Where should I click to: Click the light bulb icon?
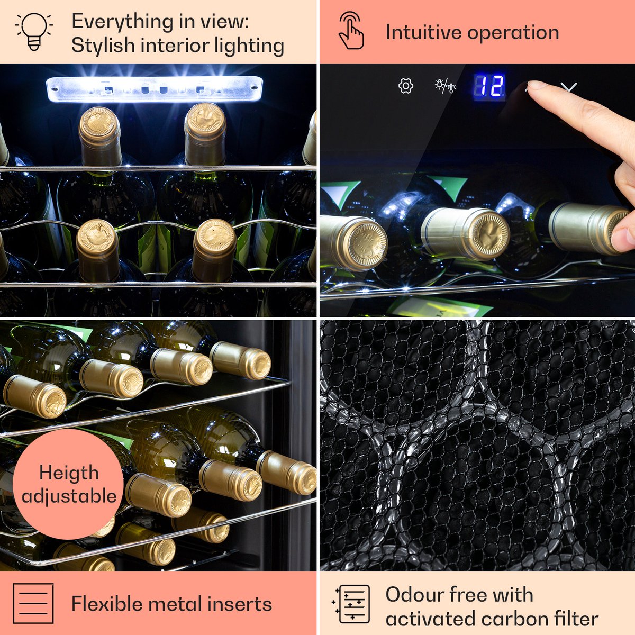[x=34, y=32]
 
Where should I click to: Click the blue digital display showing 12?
[x=489, y=86]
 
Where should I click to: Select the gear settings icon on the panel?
[x=406, y=86]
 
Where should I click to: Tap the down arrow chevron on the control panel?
[x=569, y=87]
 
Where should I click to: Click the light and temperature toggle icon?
[x=446, y=86]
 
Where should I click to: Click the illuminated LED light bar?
[x=154, y=89]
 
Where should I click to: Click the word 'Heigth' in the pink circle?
[x=69, y=474]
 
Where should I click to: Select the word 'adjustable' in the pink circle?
[x=69, y=496]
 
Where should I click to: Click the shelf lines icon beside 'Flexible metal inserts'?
[x=33, y=603]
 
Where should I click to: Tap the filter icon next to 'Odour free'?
[x=351, y=604]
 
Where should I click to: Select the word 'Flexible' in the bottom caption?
[x=106, y=604]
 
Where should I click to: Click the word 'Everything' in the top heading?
[x=123, y=22]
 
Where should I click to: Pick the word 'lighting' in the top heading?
[x=249, y=46]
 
